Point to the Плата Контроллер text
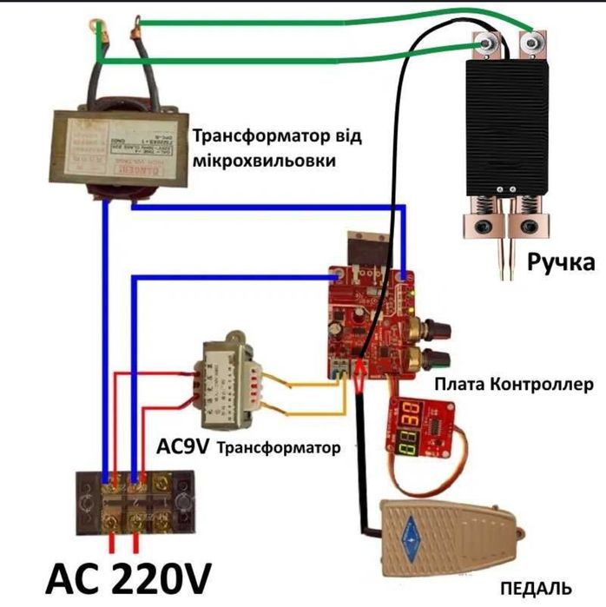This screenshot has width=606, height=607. tap(514, 383)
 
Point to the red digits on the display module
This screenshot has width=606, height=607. tap(417, 415)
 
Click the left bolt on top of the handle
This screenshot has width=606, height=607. tap(486, 41)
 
